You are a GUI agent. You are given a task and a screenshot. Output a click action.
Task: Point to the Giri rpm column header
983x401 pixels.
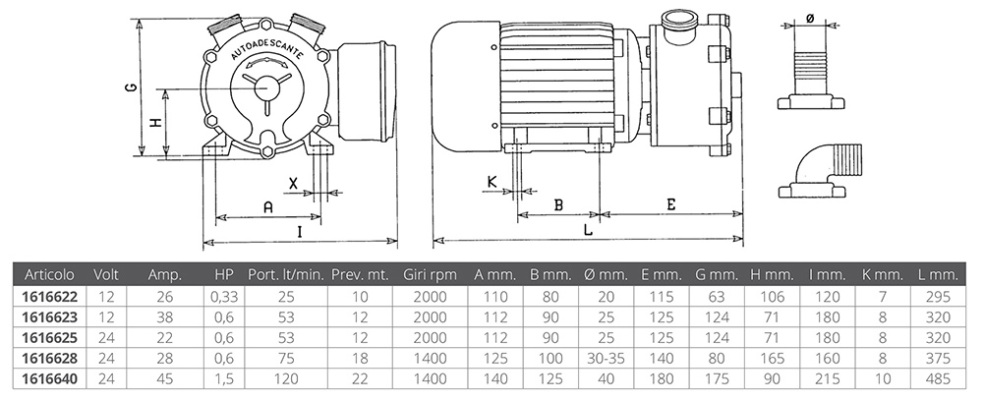(x=431, y=275)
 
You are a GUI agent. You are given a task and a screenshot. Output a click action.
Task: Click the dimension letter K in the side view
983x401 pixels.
(x=492, y=181)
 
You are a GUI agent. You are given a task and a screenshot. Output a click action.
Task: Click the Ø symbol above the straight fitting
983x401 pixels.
(x=809, y=18)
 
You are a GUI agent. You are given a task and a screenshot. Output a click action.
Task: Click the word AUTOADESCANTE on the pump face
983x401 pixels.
(x=266, y=48)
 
